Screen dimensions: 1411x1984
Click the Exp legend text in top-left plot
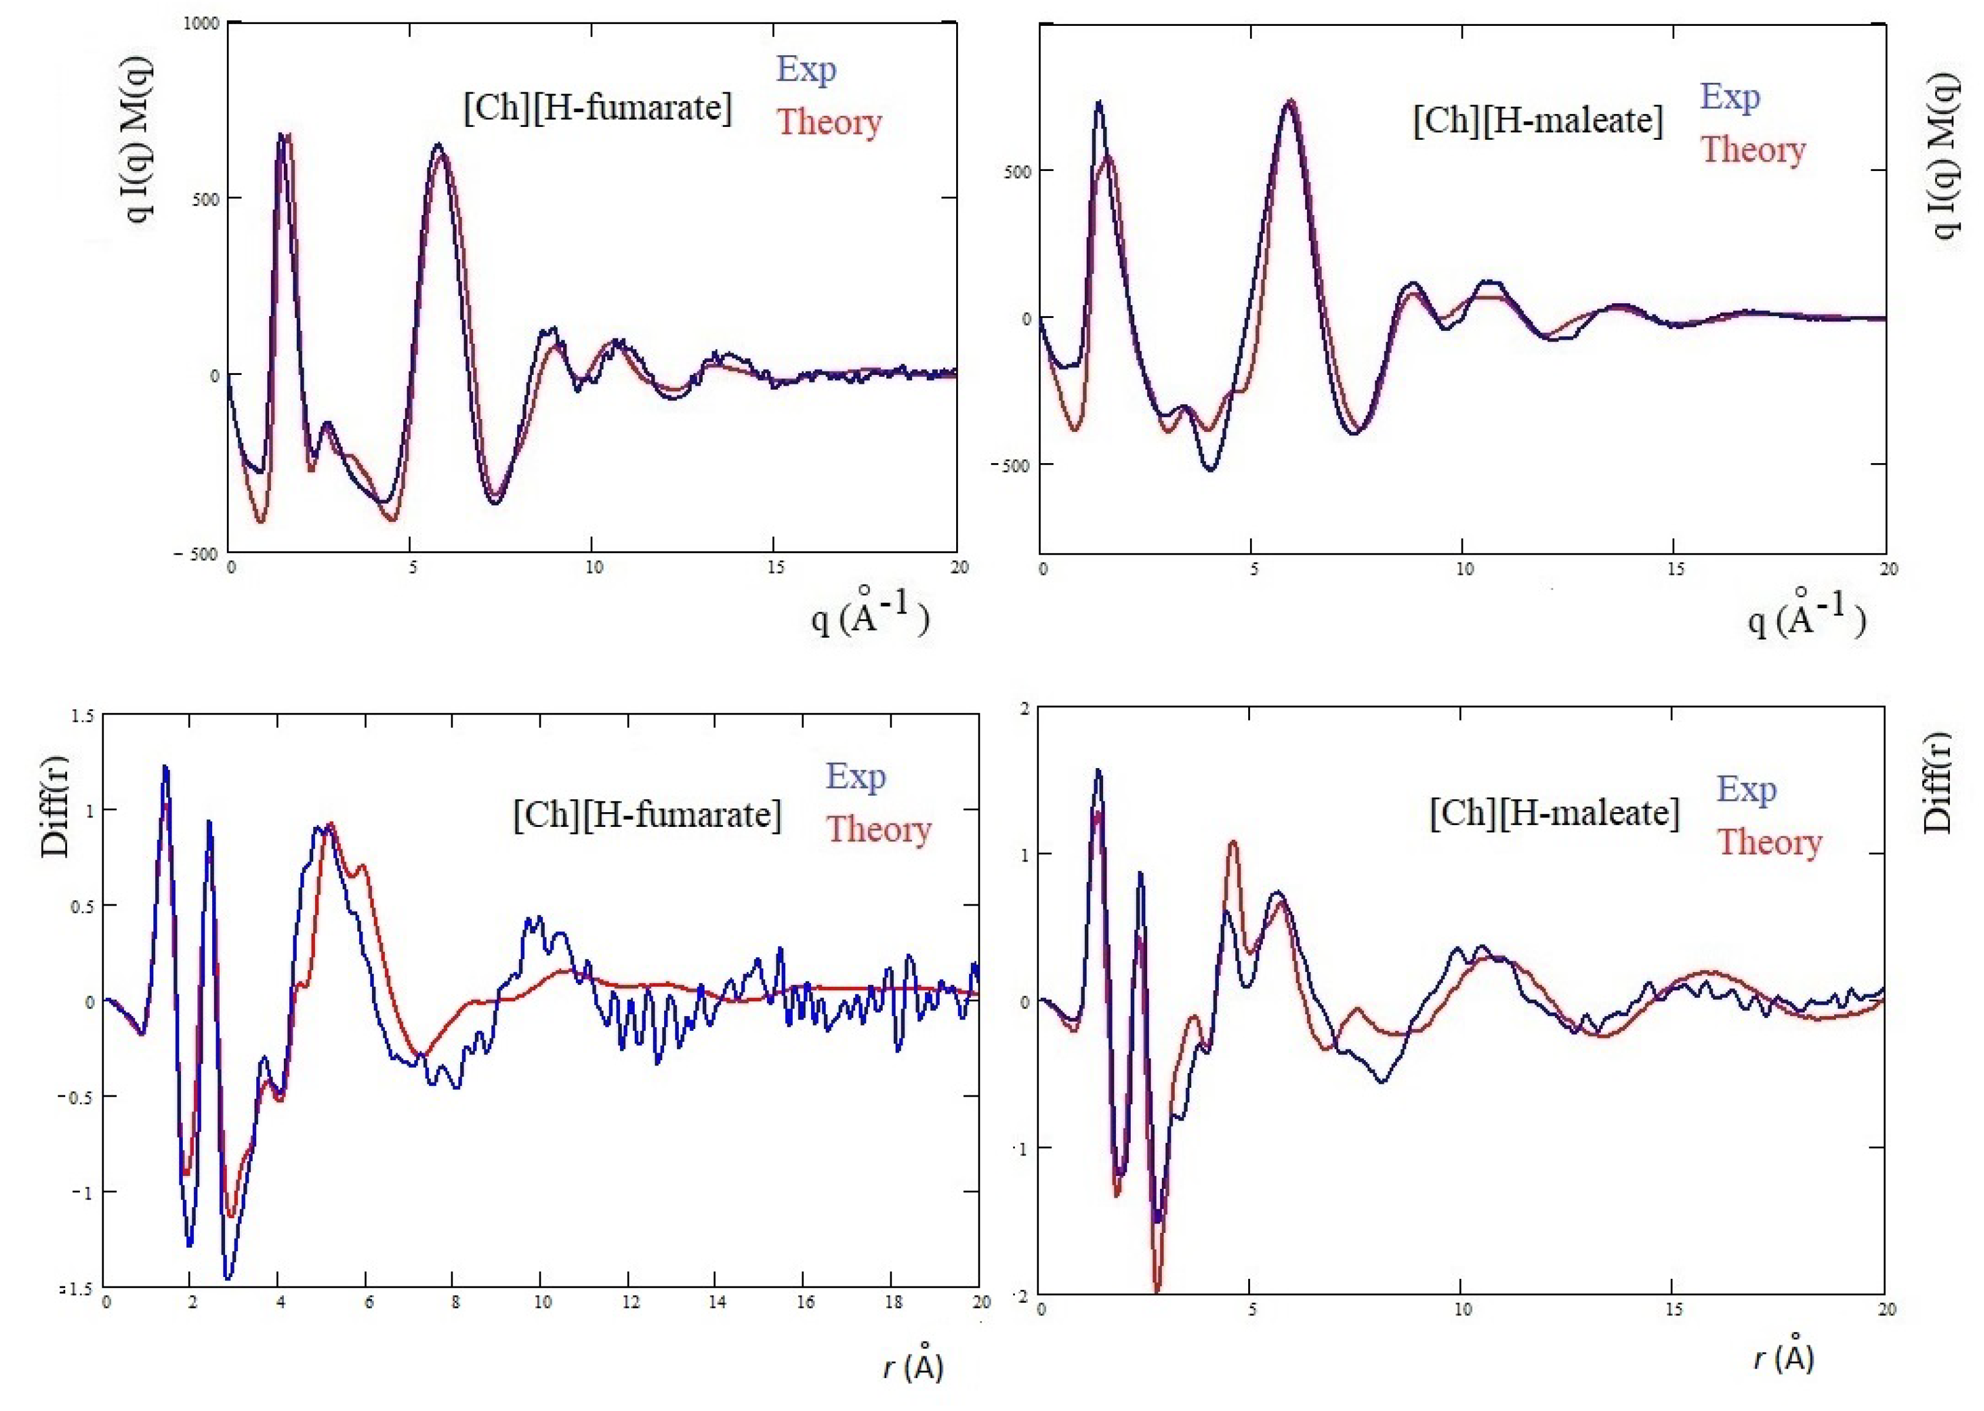[806, 69]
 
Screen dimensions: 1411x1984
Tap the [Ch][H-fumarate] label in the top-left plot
[598, 108]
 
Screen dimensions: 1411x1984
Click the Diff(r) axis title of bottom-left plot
[55, 806]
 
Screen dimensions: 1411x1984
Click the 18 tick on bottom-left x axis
[893, 1302]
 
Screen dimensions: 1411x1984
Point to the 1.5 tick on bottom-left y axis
[82, 716]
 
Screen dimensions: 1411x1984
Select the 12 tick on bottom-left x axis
[630, 1302]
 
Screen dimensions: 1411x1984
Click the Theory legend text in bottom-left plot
[878, 830]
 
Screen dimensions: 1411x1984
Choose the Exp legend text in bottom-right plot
[1746, 789]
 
